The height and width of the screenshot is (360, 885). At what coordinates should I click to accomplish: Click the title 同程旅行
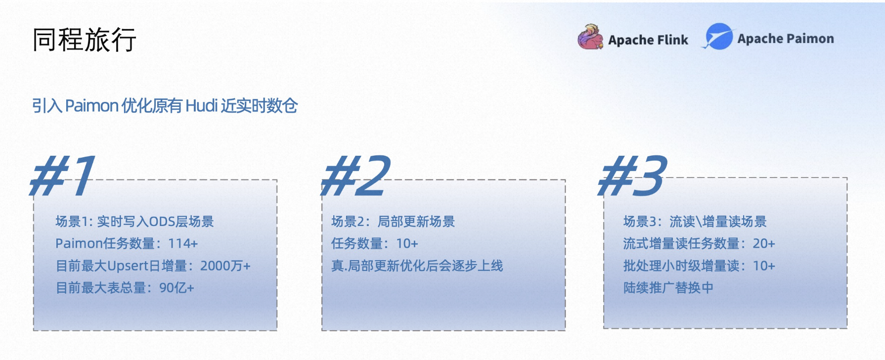[x=84, y=40]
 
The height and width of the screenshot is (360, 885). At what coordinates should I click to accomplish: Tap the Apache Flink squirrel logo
[x=590, y=37]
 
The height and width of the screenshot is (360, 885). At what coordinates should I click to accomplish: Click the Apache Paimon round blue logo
[x=718, y=37]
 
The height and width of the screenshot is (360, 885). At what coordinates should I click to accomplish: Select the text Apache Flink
[x=648, y=40]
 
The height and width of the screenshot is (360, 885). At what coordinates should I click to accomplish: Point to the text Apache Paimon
[x=786, y=39]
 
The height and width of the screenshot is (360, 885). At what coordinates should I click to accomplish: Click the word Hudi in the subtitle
[x=202, y=105]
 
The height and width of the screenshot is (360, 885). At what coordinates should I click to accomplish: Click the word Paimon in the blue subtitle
[x=92, y=105]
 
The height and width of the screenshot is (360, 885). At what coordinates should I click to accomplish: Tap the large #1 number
[x=63, y=175]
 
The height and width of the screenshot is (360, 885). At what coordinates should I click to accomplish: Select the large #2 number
[x=355, y=175]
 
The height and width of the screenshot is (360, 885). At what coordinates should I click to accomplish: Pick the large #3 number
[x=632, y=175]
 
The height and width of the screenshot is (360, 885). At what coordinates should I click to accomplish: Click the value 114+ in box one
[x=183, y=243]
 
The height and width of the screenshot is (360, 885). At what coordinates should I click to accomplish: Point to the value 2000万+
[x=225, y=266]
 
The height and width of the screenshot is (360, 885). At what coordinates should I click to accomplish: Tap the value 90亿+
[x=177, y=288]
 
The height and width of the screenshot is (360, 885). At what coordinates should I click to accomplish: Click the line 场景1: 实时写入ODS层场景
[x=134, y=222]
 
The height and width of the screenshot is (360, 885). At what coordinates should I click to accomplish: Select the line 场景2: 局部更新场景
[x=393, y=222]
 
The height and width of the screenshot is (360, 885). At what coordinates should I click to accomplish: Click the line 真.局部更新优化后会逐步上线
[x=417, y=266]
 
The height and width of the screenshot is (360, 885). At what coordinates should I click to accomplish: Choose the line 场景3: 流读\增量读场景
[x=695, y=222]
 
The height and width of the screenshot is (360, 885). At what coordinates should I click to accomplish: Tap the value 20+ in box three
[x=764, y=243]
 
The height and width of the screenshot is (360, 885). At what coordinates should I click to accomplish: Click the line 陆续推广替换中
[x=668, y=288]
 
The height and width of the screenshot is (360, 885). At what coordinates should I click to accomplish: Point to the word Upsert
[x=128, y=266]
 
